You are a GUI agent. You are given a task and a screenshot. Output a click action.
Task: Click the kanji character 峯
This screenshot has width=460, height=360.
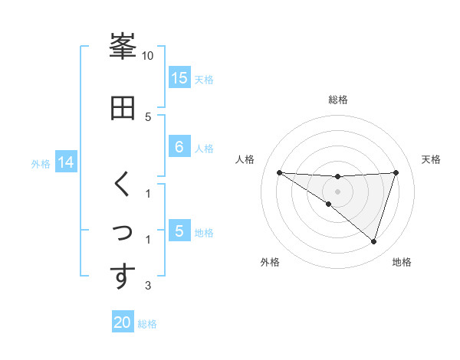(123, 47)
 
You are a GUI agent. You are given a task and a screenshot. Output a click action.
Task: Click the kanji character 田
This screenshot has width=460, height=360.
(123, 108)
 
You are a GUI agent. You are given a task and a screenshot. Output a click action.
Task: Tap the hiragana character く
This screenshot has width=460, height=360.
(123, 185)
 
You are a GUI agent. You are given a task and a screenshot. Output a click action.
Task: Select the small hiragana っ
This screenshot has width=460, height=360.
(123, 231)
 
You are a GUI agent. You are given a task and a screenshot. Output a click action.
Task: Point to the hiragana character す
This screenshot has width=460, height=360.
(123, 277)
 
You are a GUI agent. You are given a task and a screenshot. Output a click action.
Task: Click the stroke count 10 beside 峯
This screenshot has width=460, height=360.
(148, 56)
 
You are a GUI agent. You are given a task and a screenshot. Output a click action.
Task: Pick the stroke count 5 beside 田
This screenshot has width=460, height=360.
(148, 116)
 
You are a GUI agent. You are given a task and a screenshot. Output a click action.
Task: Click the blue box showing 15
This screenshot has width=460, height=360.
(179, 77)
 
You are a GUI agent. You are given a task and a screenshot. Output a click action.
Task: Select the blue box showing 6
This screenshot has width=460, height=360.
(179, 147)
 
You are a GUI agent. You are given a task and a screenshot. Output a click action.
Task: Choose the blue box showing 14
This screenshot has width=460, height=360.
(66, 162)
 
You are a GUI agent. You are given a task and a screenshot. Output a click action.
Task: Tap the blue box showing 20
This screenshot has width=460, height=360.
(123, 322)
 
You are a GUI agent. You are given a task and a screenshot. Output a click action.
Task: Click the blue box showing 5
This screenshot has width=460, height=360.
(179, 231)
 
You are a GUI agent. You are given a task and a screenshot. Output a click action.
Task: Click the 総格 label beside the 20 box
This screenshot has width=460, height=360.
(148, 324)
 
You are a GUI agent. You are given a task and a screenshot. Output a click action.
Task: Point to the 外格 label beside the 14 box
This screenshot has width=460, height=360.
(41, 164)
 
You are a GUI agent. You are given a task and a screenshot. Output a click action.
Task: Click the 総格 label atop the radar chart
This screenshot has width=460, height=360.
(337, 100)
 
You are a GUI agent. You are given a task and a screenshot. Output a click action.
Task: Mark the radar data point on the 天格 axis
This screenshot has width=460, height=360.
(396, 172)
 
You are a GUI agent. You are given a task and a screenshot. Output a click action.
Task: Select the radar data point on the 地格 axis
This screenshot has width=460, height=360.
(373, 241)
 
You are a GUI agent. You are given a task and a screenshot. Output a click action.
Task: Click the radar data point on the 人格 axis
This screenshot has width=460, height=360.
(279, 172)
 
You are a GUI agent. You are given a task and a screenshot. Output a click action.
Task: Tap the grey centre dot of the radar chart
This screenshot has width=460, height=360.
(337, 191)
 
